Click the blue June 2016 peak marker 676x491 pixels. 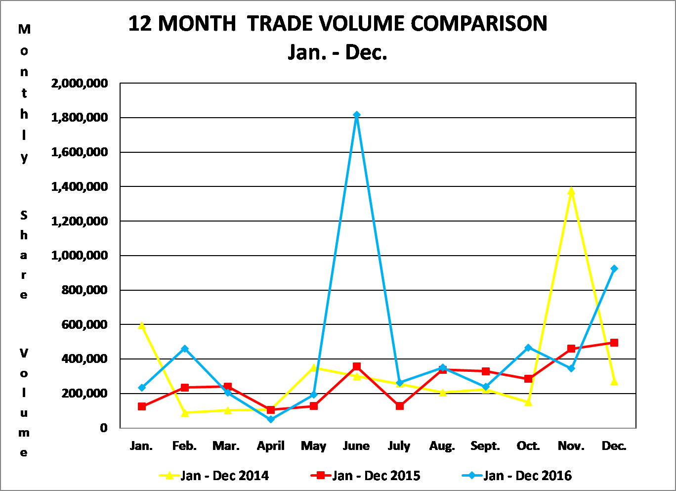coord(357,115)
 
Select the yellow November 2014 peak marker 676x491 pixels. coord(571,191)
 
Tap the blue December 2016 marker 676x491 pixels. coord(614,268)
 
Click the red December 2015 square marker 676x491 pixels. coord(614,343)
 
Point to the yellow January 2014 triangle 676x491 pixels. coord(142,325)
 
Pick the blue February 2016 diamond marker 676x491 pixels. coord(185,349)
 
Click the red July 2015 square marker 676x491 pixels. coord(400,406)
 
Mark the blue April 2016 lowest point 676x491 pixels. coord(271,419)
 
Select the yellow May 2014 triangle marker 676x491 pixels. coord(314,367)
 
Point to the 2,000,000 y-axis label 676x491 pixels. coord(80,83)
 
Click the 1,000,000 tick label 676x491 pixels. coord(80,256)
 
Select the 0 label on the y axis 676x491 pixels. coord(103,428)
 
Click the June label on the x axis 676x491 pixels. coord(356,446)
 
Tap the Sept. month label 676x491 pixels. coord(485,446)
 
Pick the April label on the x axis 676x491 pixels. coord(271,446)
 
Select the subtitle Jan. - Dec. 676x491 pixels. coord(338,52)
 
